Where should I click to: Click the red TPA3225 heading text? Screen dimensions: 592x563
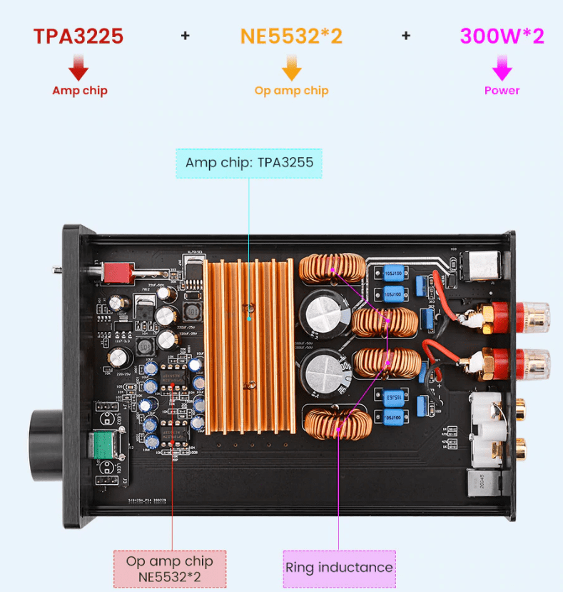(78, 36)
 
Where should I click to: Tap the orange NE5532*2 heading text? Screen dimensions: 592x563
(291, 36)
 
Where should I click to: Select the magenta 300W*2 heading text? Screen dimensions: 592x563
(502, 36)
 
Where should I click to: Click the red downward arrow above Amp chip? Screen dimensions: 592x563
(78, 69)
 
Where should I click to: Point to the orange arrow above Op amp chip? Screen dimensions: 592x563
(291, 69)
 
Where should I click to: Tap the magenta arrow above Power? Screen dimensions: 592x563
(502, 69)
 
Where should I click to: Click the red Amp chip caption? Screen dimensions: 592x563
(79, 91)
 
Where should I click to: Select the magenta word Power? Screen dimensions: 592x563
(502, 91)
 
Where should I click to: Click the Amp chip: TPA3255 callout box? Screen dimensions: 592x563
(249, 163)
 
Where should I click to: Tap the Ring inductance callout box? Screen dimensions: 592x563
(339, 568)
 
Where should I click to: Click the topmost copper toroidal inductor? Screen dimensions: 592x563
(333, 270)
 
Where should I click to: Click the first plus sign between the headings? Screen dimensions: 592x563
(186, 35)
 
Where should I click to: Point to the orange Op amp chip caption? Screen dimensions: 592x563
(291, 91)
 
